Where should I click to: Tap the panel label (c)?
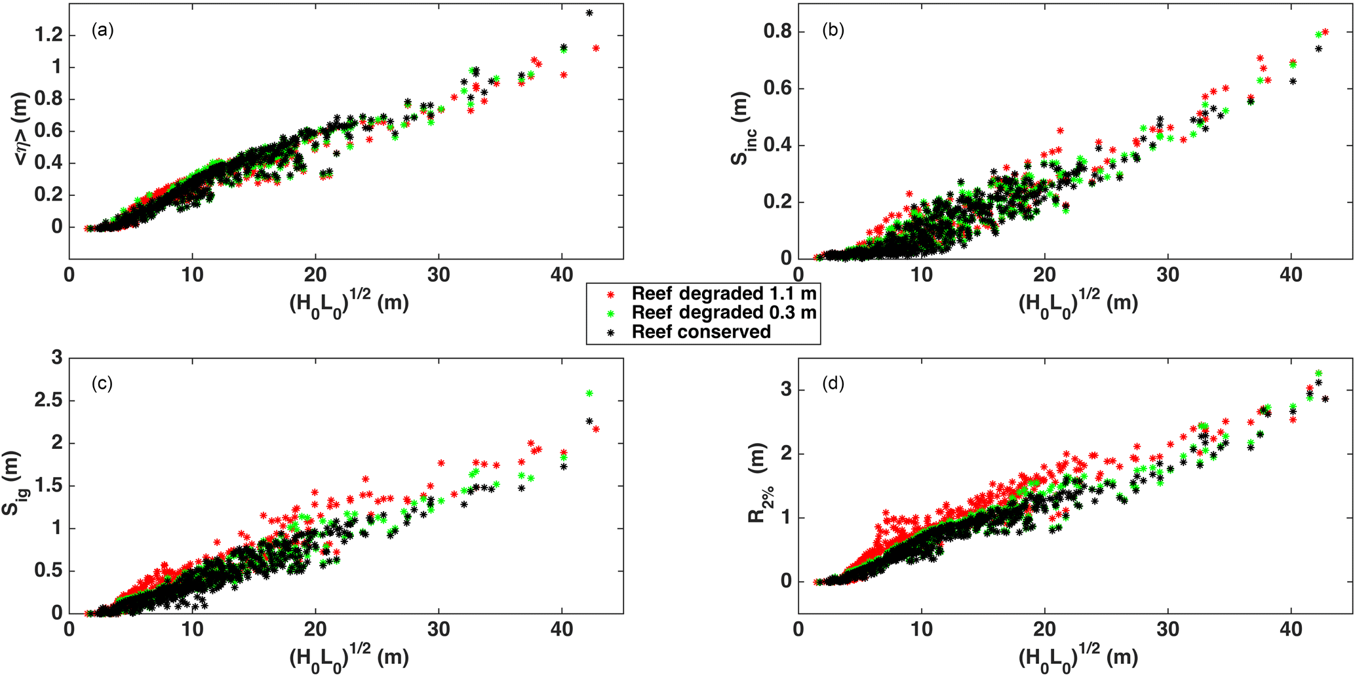[x=103, y=383]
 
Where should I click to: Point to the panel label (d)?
[x=833, y=383]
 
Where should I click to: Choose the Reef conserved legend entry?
[x=701, y=332]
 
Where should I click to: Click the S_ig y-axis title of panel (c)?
[x=16, y=484]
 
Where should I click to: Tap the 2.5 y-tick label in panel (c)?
[x=49, y=400]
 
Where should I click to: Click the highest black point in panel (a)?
[x=589, y=13]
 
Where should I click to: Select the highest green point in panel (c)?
[x=589, y=393]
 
